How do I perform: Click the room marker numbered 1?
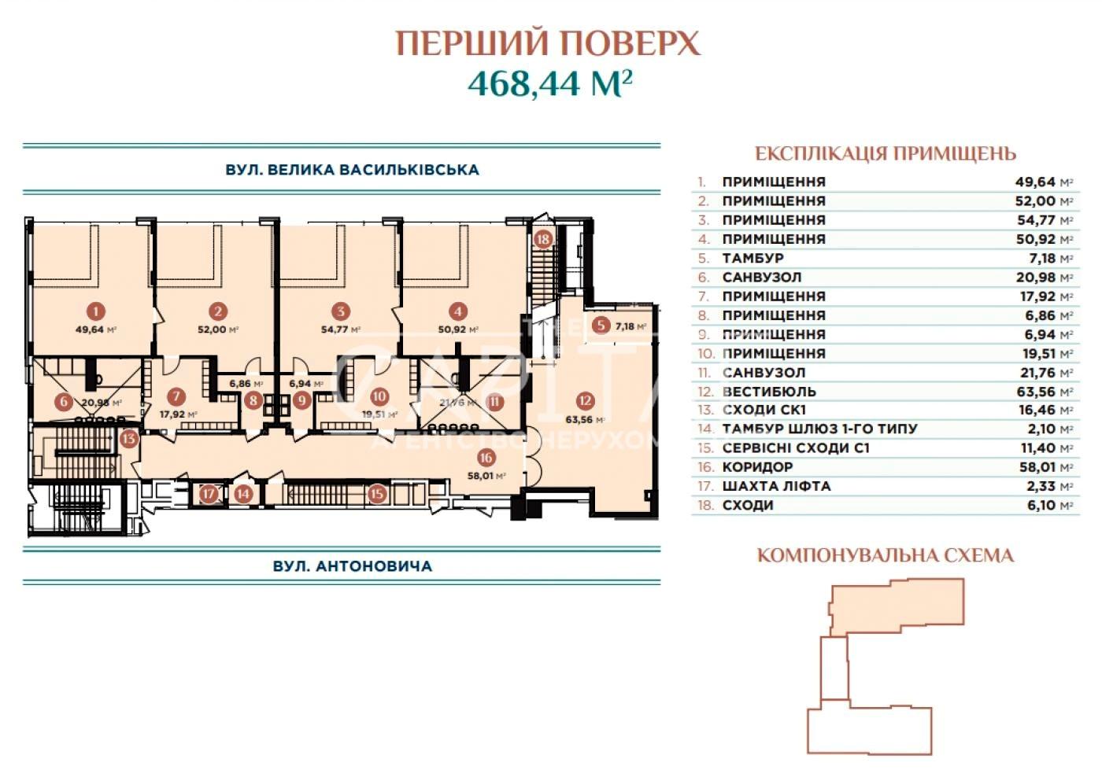click(x=95, y=311)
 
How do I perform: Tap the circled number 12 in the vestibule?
click(x=585, y=400)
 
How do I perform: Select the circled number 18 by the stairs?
click(x=542, y=239)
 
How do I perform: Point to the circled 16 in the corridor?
click(x=486, y=458)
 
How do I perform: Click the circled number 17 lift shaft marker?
click(x=209, y=493)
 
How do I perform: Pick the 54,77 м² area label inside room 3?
click(x=340, y=330)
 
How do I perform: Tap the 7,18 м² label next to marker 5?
click(x=631, y=326)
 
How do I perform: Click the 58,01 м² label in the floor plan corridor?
click(x=486, y=476)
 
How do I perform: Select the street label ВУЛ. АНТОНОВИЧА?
click(x=353, y=566)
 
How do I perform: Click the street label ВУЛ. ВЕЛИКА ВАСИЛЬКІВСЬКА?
click(x=353, y=170)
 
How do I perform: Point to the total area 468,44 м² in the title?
click(x=549, y=84)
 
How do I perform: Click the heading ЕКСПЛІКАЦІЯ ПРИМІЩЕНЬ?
click(x=886, y=154)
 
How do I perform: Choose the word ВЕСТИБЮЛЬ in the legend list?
click(x=769, y=392)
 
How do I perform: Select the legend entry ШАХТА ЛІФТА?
click(x=776, y=486)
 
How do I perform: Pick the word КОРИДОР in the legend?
click(x=757, y=467)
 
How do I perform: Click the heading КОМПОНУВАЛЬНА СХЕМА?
click(x=886, y=556)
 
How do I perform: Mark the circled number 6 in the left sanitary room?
click(x=64, y=402)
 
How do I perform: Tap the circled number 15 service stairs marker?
click(x=377, y=493)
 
